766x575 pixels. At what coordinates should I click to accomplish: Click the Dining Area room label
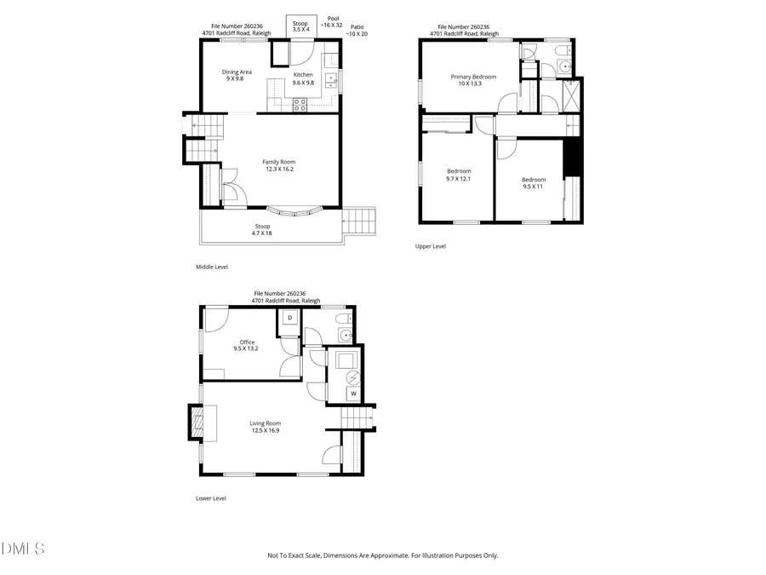[232, 73]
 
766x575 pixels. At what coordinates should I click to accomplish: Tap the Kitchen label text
[303, 74]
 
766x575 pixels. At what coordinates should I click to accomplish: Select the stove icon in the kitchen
[300, 105]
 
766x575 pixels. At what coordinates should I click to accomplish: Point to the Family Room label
[279, 162]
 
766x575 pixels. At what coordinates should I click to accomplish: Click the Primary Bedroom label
[472, 77]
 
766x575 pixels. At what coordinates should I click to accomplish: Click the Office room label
[247, 342]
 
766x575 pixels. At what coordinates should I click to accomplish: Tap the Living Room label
[265, 423]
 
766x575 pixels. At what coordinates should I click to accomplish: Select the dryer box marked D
[289, 318]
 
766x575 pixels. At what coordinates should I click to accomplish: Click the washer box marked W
[352, 394]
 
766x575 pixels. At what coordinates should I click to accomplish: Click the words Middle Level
[212, 267]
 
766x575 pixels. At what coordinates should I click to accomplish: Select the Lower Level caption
[211, 498]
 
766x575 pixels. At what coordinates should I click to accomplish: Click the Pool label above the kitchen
[333, 17]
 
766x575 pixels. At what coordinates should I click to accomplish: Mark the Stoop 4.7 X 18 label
[261, 229]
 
